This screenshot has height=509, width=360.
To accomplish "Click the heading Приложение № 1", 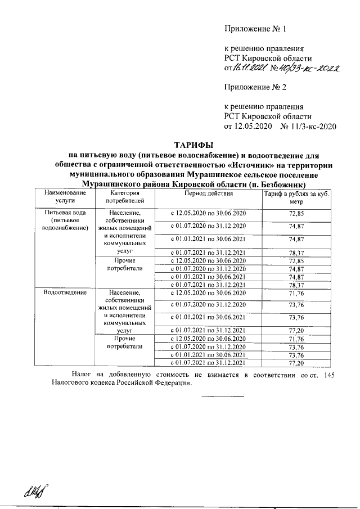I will pyautogui.click(x=255, y=28).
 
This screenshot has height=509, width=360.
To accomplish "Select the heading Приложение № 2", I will pyautogui.click(x=255, y=87).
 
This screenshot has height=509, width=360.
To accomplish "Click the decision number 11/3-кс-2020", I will pyautogui.click(x=312, y=126).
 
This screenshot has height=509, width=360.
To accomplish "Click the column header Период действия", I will pyautogui.click(x=208, y=193).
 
